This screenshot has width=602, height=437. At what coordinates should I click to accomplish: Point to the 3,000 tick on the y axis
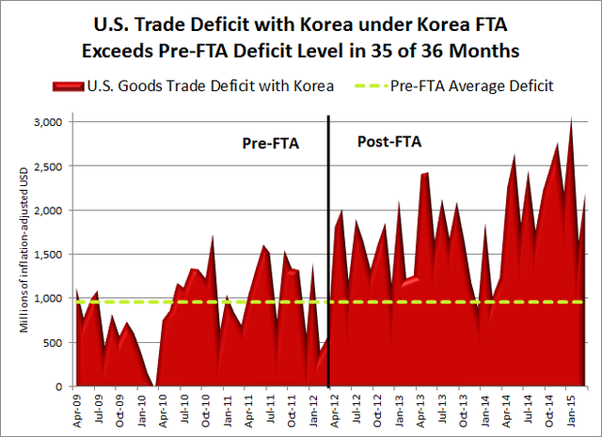point(46,121)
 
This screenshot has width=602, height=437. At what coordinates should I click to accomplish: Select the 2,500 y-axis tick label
point(46,165)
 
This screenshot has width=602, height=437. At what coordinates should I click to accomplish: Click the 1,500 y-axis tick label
point(46,254)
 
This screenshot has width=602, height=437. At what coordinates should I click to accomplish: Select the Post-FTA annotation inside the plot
point(389,142)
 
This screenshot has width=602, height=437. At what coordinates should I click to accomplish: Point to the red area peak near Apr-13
point(426,173)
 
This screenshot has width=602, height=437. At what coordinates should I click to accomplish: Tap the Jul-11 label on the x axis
point(270,408)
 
